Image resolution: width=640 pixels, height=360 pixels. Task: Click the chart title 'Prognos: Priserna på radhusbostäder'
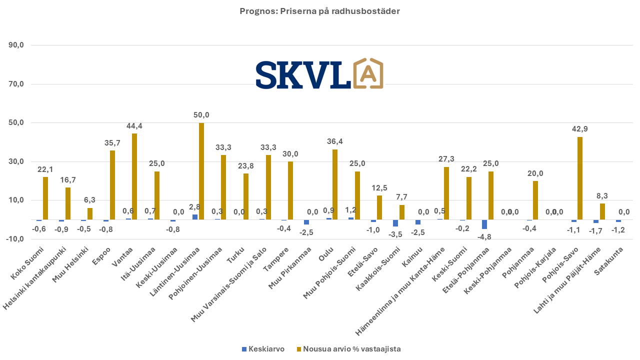pyautogui.click(x=319, y=11)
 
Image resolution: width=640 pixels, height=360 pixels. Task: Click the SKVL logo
pyautogui.click(x=319, y=74)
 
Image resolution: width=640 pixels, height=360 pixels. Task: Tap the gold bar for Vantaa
pyautogui.click(x=134, y=176)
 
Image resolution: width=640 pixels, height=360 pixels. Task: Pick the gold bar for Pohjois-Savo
pyautogui.click(x=580, y=178)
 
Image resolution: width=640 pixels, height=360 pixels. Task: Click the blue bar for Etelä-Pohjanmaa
pyautogui.click(x=484, y=224)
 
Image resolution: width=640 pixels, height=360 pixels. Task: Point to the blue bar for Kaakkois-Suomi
pyautogui.click(x=395, y=223)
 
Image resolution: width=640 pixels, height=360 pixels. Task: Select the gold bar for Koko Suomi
pyautogui.click(x=45, y=198)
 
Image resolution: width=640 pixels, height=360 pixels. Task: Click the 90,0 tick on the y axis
pyautogui.click(x=16, y=45)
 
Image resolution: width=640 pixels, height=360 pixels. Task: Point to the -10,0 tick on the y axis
pyautogui.click(x=15, y=239)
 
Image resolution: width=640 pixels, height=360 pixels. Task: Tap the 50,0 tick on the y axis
pyautogui.click(x=16, y=123)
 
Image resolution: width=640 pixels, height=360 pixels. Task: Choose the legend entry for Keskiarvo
pyautogui.click(x=263, y=349)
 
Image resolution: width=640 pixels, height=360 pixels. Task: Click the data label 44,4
pyautogui.click(x=134, y=126)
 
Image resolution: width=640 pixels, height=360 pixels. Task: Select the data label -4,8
pyautogui.click(x=484, y=236)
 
